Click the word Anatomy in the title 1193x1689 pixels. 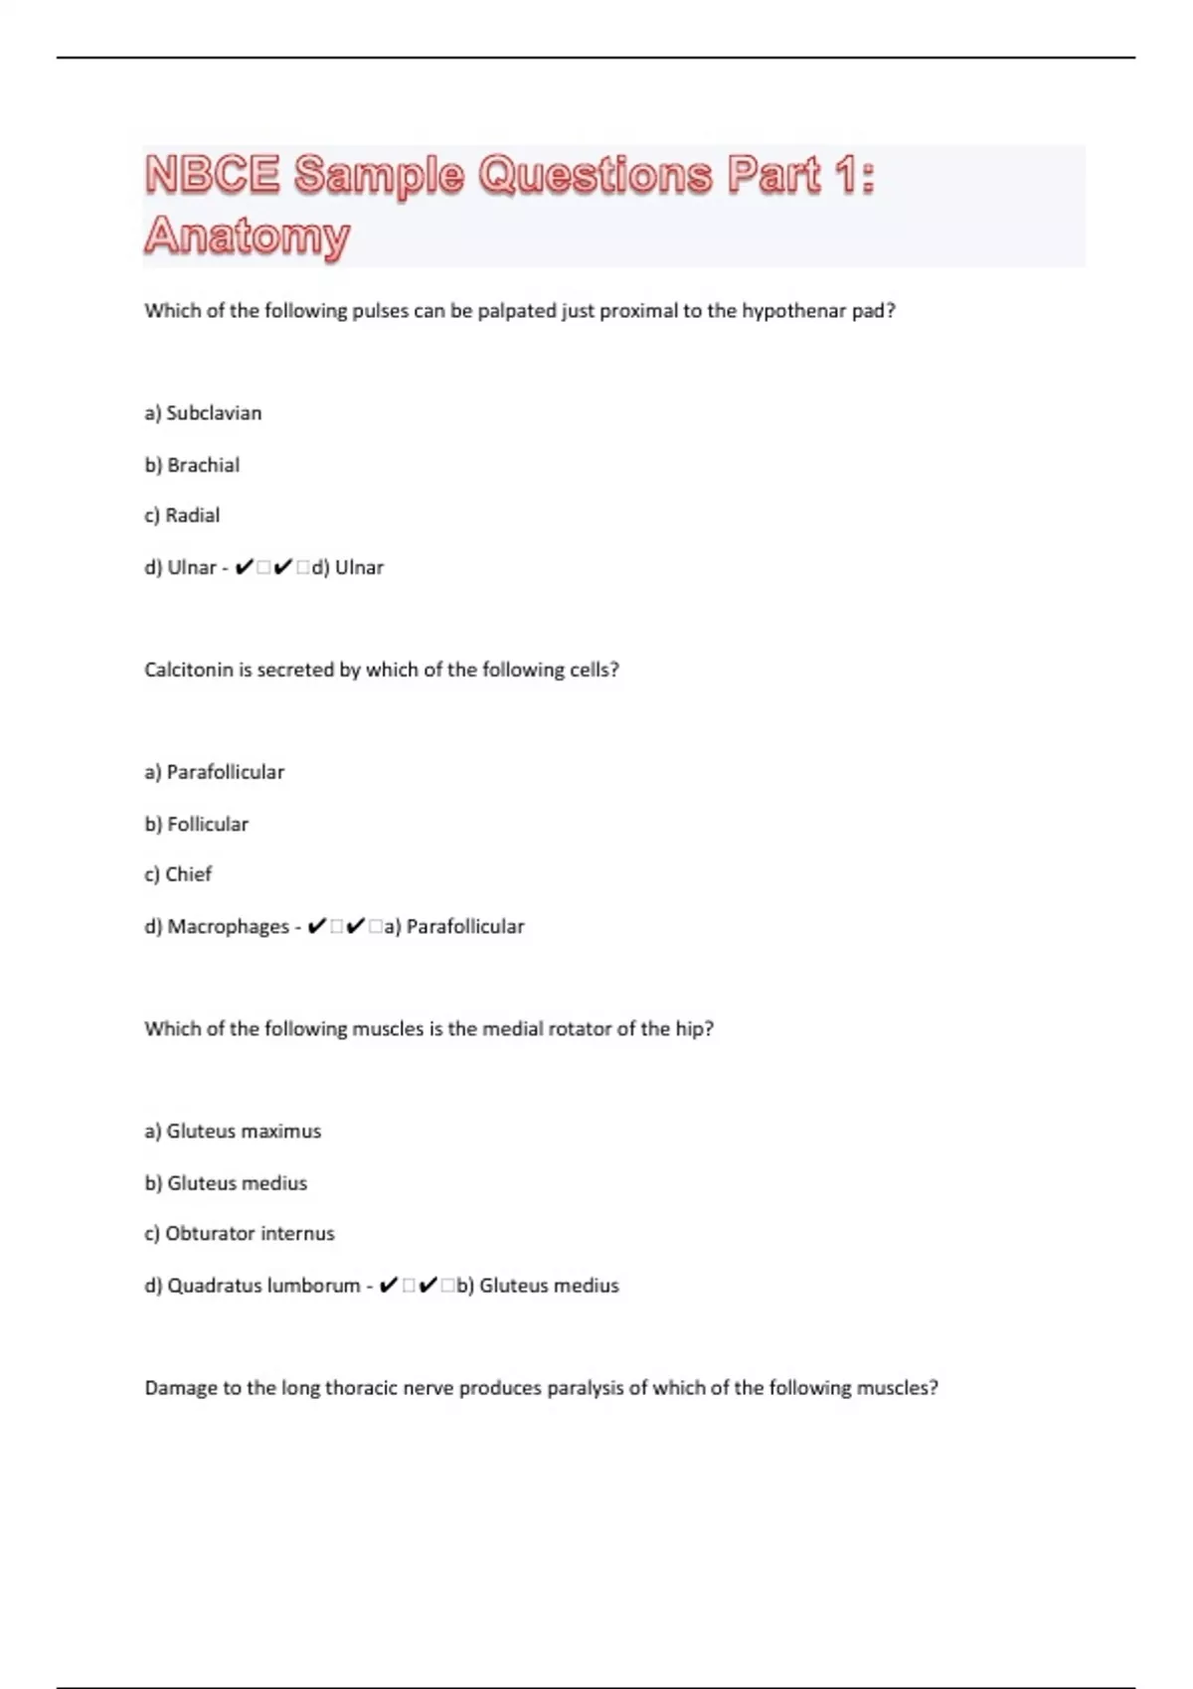click(248, 236)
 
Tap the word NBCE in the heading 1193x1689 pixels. click(213, 175)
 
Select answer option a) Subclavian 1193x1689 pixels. click(203, 413)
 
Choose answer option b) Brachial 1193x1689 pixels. click(192, 465)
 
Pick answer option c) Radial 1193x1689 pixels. click(182, 516)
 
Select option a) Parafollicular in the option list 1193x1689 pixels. click(214, 772)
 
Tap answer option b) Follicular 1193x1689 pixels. click(196, 824)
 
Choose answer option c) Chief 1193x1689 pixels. click(178, 874)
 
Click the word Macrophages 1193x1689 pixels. click(228, 927)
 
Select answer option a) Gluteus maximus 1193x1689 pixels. click(233, 1131)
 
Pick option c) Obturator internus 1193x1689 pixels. click(240, 1233)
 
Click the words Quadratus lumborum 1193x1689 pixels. click(263, 1286)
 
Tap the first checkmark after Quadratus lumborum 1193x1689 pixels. click(389, 1286)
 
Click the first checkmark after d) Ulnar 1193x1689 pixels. click(244, 567)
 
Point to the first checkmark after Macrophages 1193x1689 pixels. click(317, 927)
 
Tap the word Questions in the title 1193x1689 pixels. click(595, 175)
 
